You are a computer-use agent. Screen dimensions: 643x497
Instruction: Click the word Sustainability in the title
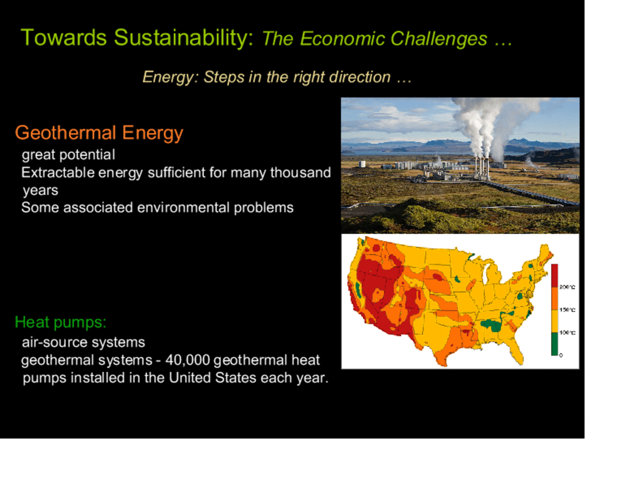pyautogui.click(x=183, y=38)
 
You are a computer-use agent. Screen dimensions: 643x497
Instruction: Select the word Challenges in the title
pyautogui.click(x=439, y=40)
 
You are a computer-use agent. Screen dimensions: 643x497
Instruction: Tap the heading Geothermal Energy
pyautogui.click(x=99, y=133)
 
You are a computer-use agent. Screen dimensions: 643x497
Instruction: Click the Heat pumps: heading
pyautogui.click(x=60, y=323)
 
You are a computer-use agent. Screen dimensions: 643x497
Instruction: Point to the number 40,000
pyautogui.click(x=188, y=361)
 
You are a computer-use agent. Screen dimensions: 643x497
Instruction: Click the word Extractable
pyautogui.click(x=58, y=172)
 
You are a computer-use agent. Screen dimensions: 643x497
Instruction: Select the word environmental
pyautogui.click(x=183, y=208)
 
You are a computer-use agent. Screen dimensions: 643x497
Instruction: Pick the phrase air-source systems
pyautogui.click(x=83, y=342)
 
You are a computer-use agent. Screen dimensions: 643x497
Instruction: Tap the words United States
pyautogui.click(x=235, y=378)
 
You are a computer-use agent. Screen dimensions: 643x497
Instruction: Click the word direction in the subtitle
pyautogui.click(x=360, y=77)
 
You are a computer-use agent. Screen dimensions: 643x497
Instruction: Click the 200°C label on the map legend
pyautogui.click(x=567, y=287)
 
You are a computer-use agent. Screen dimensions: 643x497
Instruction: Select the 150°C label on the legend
pyautogui.click(x=567, y=310)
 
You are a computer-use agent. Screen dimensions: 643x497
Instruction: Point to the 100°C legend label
pyautogui.click(x=567, y=332)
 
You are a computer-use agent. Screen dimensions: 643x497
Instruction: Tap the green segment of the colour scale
pyautogui.click(x=554, y=344)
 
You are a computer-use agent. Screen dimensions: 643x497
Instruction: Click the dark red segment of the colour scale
pyautogui.click(x=554, y=276)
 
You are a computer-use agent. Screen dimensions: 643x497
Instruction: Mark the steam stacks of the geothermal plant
pyautogui.click(x=482, y=168)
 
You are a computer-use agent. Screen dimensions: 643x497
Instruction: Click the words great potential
pyautogui.click(x=69, y=155)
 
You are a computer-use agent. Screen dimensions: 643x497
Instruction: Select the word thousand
pyautogui.click(x=300, y=172)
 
